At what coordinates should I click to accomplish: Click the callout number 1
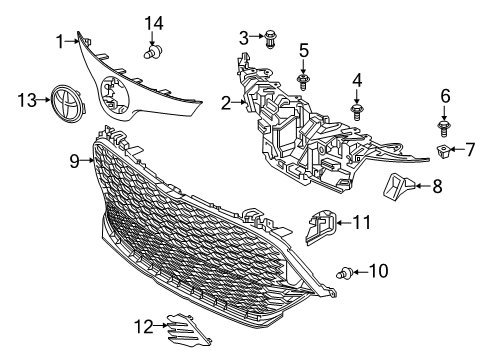pos(59,41)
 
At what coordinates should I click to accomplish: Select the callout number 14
pos(153,22)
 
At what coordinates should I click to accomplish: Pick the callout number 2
pos(227,101)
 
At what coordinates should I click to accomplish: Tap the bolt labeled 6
pos(444,126)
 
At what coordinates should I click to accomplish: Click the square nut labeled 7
pos(444,151)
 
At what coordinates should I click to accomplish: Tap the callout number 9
pos(74,158)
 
